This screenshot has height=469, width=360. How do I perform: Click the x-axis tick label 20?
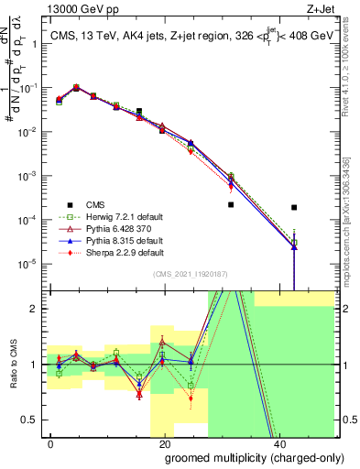pyautogui.click(x=164, y=442)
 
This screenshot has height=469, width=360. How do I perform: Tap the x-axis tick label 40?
pyautogui.click(x=278, y=442)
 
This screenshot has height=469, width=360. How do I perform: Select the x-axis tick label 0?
pyautogui.click(x=51, y=442)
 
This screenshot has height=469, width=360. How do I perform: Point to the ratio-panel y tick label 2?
pyautogui.click(x=37, y=308)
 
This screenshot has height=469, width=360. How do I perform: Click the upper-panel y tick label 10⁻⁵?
pyautogui.click(x=30, y=264)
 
